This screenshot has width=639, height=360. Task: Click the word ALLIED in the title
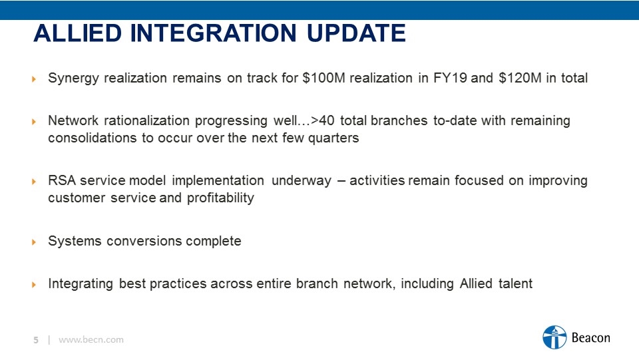[x=78, y=33]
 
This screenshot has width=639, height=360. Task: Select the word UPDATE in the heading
[x=356, y=33]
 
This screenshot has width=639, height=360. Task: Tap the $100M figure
[x=323, y=78]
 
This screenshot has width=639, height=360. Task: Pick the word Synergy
[x=73, y=79]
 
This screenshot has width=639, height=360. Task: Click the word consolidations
[x=92, y=138]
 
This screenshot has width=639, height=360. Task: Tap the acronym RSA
[x=62, y=180]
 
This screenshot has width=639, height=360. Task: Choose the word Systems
[x=75, y=241]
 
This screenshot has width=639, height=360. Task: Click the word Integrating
[x=81, y=284]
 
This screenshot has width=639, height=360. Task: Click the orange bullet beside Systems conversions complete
[x=34, y=242]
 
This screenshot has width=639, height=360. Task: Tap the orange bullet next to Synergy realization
[x=34, y=79]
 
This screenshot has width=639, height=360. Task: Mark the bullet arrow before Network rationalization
[x=34, y=122]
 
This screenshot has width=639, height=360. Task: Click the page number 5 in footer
[x=36, y=340]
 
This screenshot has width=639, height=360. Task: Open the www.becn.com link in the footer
[x=91, y=339]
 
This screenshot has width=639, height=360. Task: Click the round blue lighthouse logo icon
[x=554, y=337]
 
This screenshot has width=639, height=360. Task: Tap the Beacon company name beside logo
[x=591, y=337]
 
